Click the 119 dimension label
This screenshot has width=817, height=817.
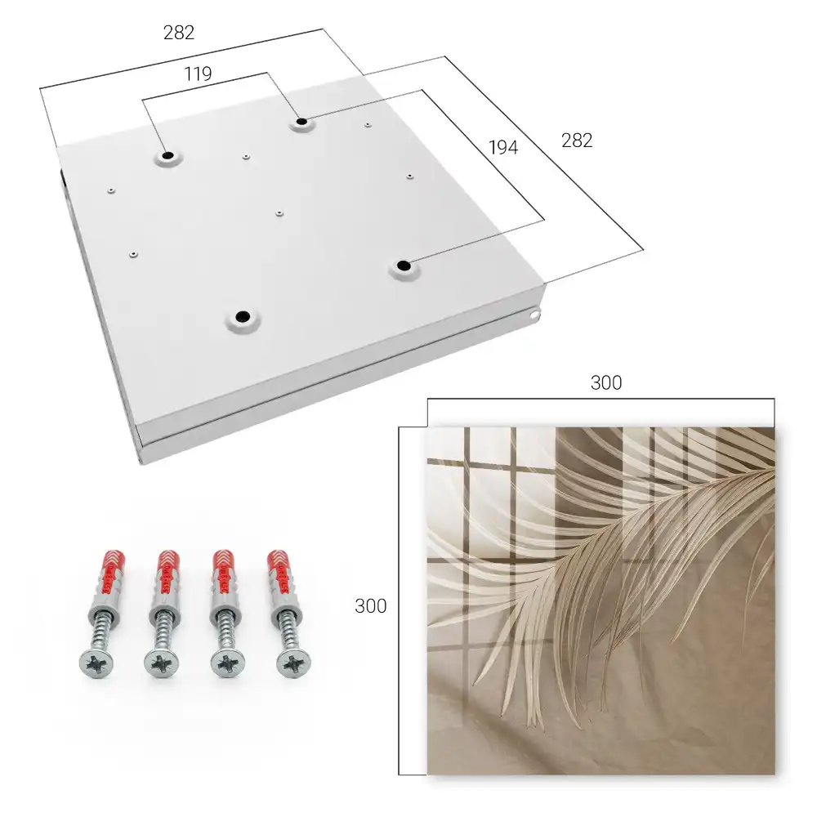click(198, 74)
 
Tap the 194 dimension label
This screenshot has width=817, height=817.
click(503, 147)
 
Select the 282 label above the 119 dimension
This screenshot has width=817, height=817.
click(179, 33)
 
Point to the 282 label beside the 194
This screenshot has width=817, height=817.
click(577, 141)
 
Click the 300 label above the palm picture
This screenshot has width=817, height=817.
click(606, 382)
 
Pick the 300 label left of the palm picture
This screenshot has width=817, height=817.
click(370, 605)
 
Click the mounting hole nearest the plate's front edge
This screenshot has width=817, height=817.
click(243, 316)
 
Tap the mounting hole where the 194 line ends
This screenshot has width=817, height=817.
click(404, 266)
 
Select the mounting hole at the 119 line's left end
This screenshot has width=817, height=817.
click(167, 155)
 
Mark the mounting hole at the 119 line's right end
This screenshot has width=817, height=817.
click(301, 122)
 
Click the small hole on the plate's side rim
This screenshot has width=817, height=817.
click(534, 315)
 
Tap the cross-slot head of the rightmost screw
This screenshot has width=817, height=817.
click(294, 663)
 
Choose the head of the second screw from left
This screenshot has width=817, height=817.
click(162, 663)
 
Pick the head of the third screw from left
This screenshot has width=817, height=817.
click(228, 663)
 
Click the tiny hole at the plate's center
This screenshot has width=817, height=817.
click(279, 213)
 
